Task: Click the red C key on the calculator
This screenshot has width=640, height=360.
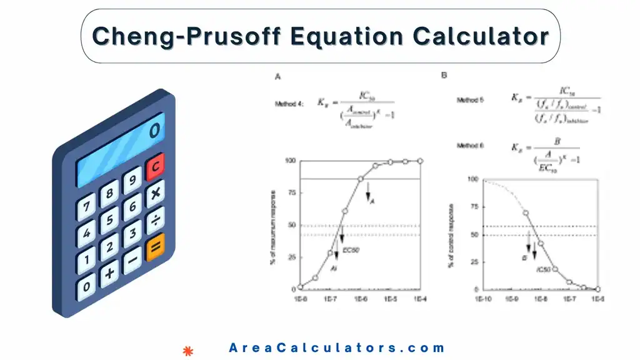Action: [x=154, y=166]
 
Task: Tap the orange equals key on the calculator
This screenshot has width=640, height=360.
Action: [x=154, y=249]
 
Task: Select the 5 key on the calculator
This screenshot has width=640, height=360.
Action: [x=109, y=220]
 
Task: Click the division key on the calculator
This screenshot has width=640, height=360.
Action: [x=154, y=221]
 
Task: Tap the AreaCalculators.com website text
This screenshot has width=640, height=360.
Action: [x=337, y=348]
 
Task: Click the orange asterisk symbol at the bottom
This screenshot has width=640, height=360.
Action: [x=186, y=351]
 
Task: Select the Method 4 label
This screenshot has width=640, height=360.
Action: [x=289, y=104]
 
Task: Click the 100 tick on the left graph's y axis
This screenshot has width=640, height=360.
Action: [x=290, y=161]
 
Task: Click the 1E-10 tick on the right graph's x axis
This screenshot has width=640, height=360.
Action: [x=482, y=299]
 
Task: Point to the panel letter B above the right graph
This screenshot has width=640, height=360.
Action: [x=444, y=75]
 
